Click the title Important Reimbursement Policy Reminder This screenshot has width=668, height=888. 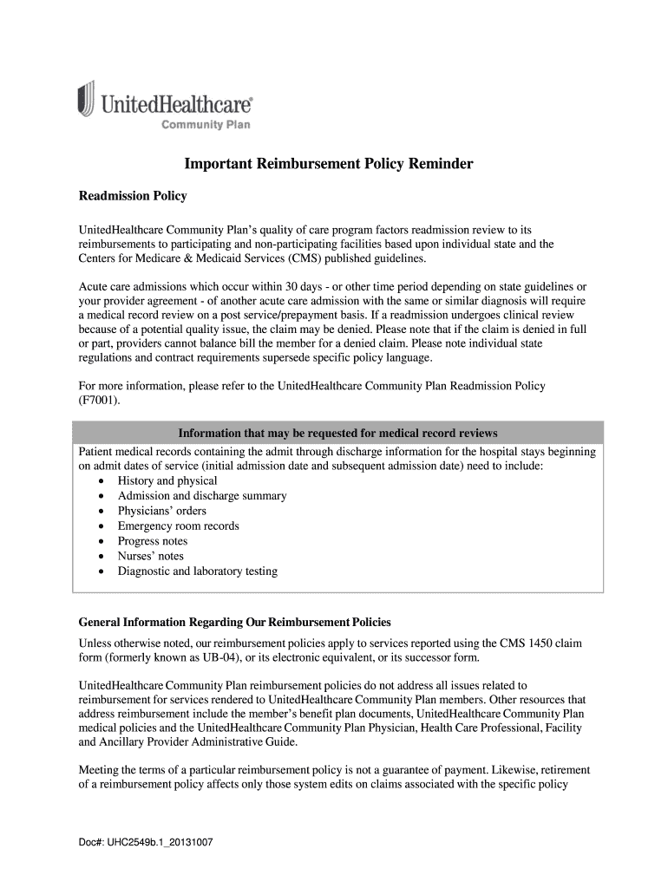click(327, 165)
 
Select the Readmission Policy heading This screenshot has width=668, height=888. click(133, 196)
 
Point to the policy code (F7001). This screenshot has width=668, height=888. click(100, 400)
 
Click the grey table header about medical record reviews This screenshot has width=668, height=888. click(337, 433)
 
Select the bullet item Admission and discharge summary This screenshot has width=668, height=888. click(202, 496)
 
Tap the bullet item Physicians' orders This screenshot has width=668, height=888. click(162, 511)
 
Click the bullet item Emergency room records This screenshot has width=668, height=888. click(179, 526)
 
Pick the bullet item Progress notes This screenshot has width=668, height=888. click(153, 541)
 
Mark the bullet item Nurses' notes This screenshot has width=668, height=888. click(151, 556)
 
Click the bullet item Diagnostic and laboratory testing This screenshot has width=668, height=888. click(198, 571)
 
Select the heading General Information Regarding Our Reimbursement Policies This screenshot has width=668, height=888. click(235, 623)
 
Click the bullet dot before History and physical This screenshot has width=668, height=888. click(102, 481)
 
